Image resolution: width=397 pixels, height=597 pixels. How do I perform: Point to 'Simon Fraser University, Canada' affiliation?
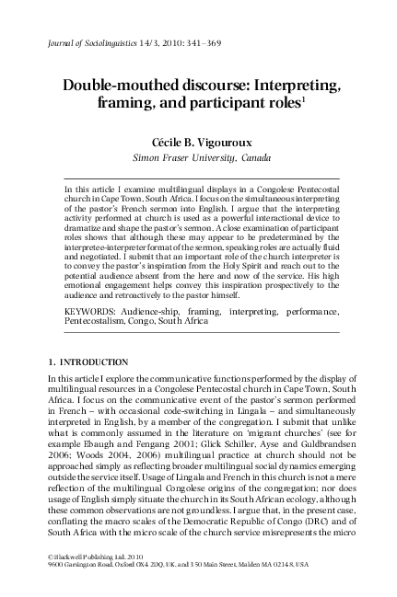[x=198, y=159]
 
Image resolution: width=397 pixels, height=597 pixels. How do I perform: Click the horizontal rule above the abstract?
[x=198, y=178]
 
